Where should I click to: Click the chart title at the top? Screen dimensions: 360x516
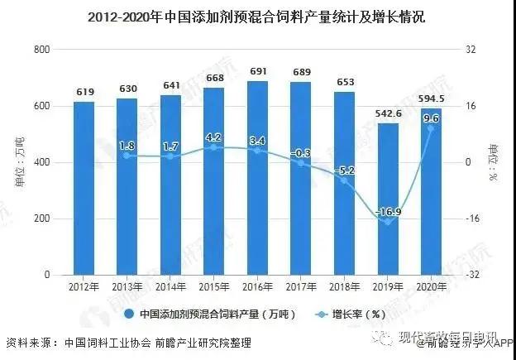click(257, 16)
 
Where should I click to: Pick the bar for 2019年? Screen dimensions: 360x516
click(387, 199)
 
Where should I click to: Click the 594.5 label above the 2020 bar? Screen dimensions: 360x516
click(432, 100)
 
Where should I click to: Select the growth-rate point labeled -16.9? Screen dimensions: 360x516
click(387, 222)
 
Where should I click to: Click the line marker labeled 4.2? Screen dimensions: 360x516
click(214, 147)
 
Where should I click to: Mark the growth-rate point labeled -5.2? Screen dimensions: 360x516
click(344, 180)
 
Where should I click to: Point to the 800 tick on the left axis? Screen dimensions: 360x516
click(41, 50)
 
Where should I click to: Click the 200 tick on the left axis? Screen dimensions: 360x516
click(41, 219)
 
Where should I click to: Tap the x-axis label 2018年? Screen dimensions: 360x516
click(344, 287)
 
